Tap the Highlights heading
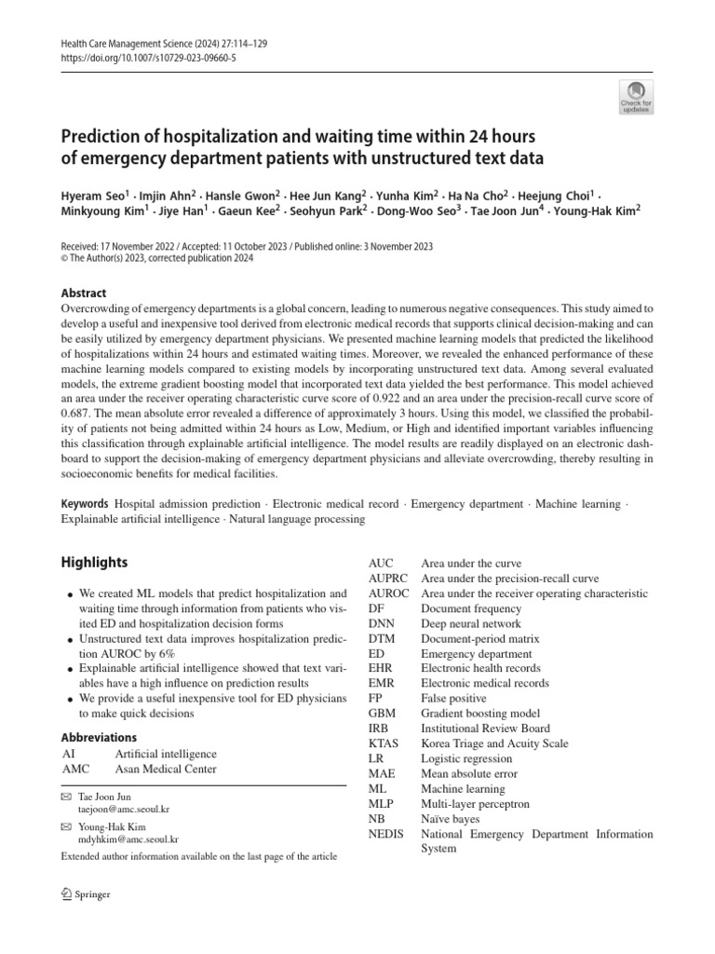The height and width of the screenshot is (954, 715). (94, 562)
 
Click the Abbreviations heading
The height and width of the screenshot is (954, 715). (99, 737)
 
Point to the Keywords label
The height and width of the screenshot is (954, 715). (85, 504)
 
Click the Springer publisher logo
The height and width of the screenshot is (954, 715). (86, 895)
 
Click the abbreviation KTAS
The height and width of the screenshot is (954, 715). (384, 743)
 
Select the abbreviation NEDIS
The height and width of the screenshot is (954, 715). (386, 834)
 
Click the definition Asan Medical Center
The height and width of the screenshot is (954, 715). (166, 769)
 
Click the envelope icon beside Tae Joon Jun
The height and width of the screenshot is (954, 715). (65, 798)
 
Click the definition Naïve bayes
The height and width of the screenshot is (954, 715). (451, 819)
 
